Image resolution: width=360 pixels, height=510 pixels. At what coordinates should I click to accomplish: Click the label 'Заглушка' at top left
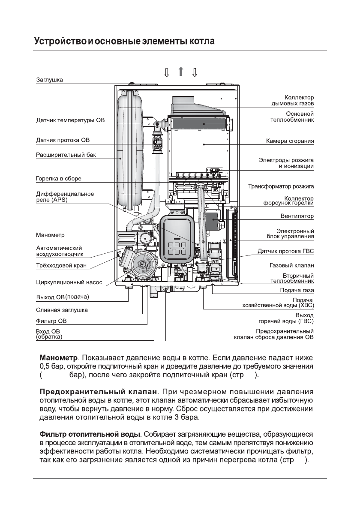(x=49, y=80)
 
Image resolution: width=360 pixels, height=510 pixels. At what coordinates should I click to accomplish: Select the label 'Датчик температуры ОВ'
(x=70, y=120)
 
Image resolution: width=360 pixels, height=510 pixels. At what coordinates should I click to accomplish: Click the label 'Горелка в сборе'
(x=58, y=178)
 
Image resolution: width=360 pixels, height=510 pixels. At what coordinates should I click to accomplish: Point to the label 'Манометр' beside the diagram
(x=50, y=235)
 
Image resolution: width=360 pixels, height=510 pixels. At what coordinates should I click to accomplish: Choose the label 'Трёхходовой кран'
(x=61, y=266)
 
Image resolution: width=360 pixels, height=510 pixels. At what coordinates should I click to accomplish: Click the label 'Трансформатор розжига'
(x=281, y=187)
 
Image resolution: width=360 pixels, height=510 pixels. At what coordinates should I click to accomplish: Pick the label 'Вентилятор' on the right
(x=297, y=216)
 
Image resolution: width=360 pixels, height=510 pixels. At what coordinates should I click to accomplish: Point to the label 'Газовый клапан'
(x=291, y=266)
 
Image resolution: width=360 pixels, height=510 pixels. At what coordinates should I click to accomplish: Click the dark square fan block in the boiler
(x=212, y=222)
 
